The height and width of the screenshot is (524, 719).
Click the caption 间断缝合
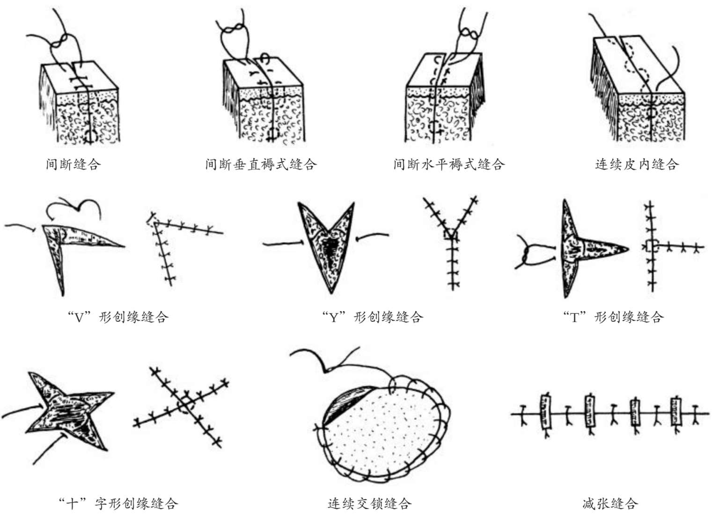pos(73,164)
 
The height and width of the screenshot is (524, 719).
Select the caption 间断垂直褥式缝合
pos(261,164)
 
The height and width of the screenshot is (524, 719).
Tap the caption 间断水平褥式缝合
pos(449,164)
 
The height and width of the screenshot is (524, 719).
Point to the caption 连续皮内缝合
pos(637,164)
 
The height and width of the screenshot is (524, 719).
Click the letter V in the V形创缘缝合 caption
pos(79,318)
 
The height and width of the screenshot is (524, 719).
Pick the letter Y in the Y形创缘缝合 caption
pos(334,318)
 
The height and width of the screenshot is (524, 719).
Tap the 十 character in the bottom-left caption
pos(72,503)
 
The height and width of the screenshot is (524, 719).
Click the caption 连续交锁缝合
pos(369,503)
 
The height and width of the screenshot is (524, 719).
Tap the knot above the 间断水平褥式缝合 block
pos(469,33)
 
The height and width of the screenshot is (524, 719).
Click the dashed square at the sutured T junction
pos(652,247)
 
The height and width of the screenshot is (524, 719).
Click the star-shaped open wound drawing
pos(69,411)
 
